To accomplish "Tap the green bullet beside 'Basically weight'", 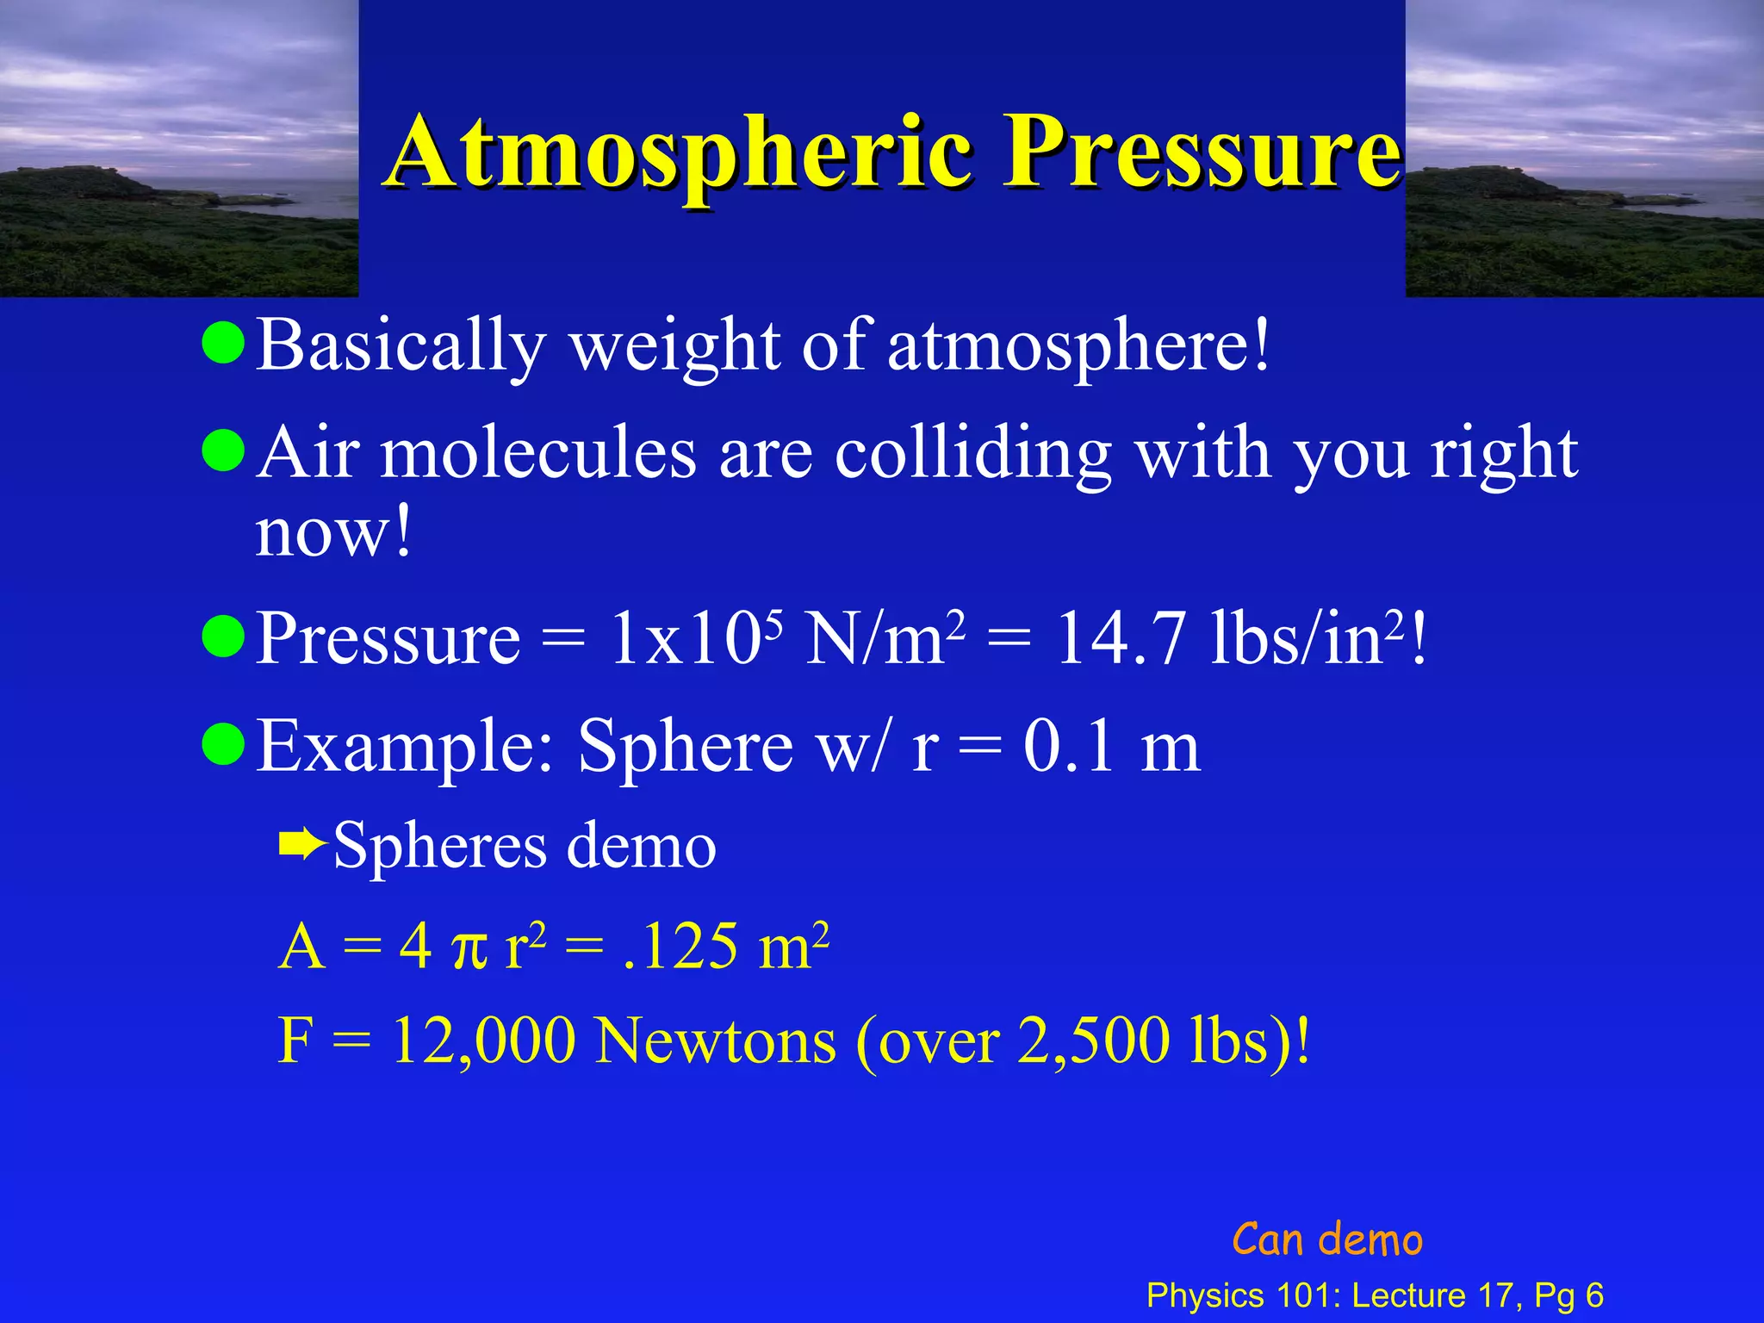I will pos(224,343).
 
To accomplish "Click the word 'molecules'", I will pos(538,454).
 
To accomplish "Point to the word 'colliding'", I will pos(972,454).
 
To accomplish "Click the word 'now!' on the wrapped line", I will pos(333,532).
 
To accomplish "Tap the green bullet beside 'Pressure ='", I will pos(224,637).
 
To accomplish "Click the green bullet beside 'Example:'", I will pos(224,744).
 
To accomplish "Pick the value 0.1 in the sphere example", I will pos(1069,747).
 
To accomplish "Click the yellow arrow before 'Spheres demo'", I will pos(302,846).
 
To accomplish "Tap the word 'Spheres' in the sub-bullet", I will pos(439,848).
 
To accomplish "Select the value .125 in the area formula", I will pos(680,947).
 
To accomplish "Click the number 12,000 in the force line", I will pos(483,1041).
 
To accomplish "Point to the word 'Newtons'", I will pos(716,1041).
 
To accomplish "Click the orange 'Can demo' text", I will pos(1326,1240).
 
